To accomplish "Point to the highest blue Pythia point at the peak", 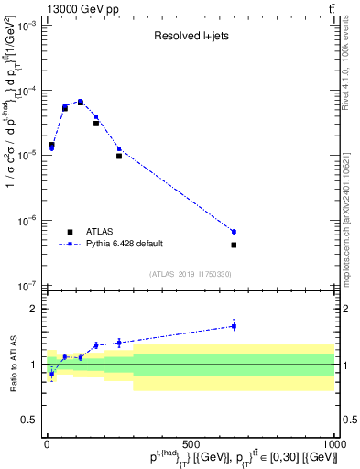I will click(x=81, y=102).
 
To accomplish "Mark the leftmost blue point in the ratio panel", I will click(x=51, y=374).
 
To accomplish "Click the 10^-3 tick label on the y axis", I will click(x=28, y=26).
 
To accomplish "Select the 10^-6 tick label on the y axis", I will click(x=28, y=221).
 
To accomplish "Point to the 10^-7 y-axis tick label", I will click(x=28, y=286).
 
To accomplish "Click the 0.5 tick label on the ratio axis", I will click(x=33, y=420).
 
